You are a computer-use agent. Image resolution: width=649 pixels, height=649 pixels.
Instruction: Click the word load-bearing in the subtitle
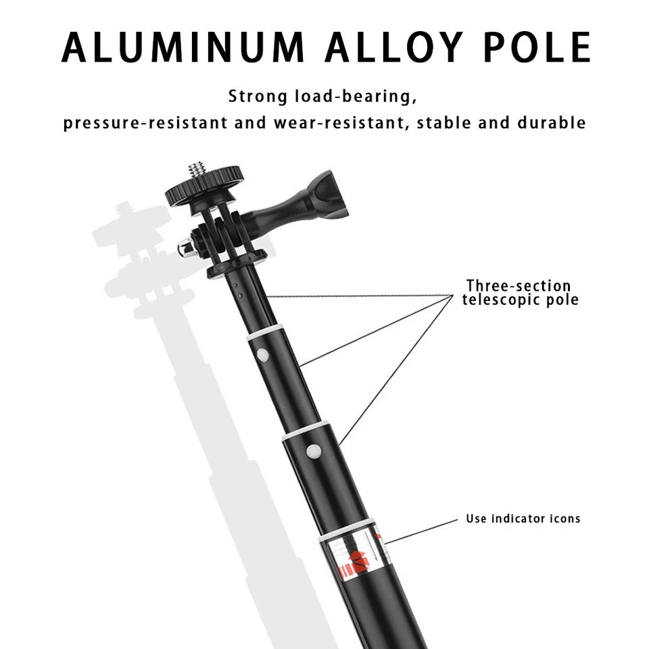353,96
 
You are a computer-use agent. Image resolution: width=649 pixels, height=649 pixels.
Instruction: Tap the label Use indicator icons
523,519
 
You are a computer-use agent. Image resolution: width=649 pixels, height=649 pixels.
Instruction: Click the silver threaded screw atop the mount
197,168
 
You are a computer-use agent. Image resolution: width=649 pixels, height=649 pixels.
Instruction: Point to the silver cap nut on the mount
185,248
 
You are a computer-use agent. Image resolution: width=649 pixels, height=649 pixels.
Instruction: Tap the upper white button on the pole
262,354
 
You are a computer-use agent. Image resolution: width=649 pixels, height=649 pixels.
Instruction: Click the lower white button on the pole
313,450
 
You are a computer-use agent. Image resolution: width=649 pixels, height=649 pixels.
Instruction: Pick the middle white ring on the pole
306,431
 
